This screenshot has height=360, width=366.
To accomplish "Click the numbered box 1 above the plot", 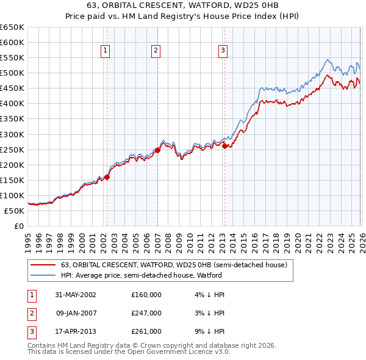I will tap(106, 51).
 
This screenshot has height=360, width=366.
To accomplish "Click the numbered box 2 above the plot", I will tap(156, 51).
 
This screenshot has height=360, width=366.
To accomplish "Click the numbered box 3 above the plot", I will tap(223, 51).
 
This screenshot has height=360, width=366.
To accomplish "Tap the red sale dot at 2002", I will tap(107, 177).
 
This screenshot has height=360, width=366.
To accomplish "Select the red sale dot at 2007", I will tap(157, 150).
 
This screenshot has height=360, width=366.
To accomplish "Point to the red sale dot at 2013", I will tap(224, 146).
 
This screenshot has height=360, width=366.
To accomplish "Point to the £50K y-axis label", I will tap(14, 211).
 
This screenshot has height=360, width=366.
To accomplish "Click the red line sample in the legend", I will tap(43, 265).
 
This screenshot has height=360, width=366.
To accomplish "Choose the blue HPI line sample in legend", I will tap(43, 275).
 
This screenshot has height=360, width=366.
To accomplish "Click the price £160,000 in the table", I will tap(146, 295).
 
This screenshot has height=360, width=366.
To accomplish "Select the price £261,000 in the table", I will tap(146, 331).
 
